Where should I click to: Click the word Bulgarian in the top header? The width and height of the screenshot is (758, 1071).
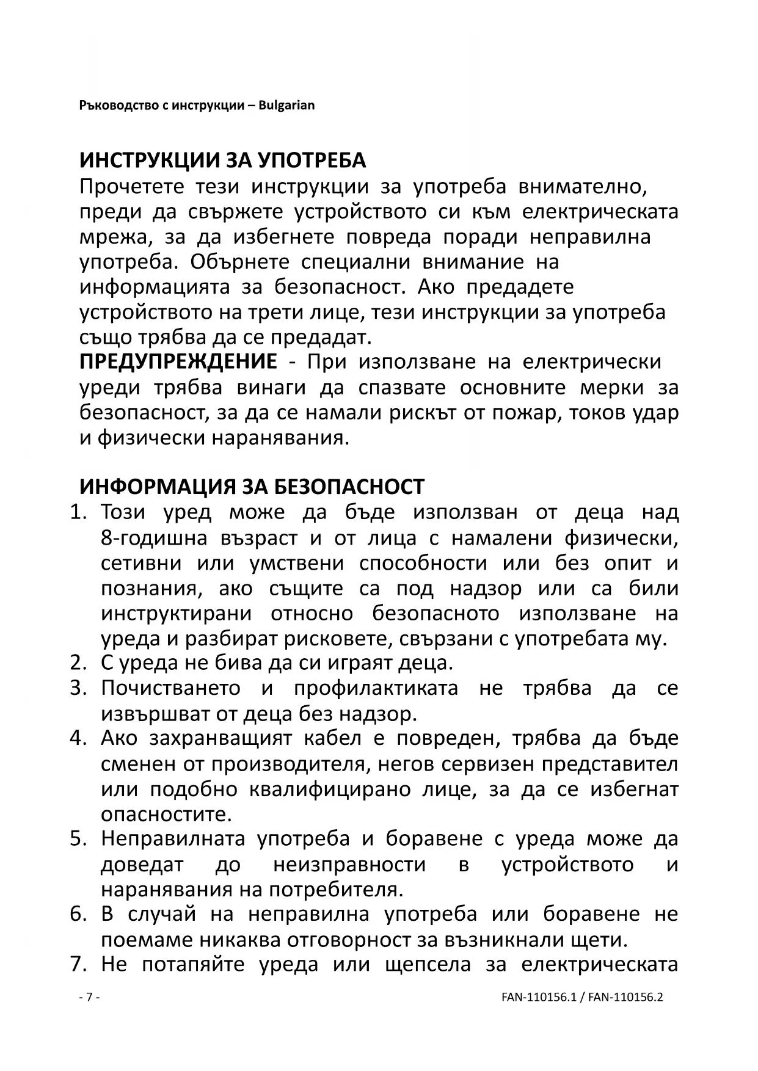pos(286,106)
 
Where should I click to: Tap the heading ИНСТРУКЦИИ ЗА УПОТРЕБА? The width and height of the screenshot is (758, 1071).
pos(222,161)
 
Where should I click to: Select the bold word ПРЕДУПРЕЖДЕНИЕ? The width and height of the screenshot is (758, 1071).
pos(178,362)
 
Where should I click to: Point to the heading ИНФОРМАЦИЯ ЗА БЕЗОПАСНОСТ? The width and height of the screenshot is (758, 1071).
pos(252,487)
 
